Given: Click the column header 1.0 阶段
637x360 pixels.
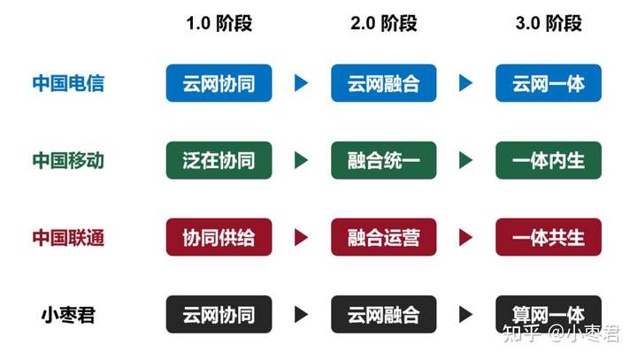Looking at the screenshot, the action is [x=219, y=23].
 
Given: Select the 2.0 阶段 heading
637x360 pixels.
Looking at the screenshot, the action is [x=383, y=23].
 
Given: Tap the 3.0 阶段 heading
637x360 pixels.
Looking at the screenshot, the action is [x=549, y=23].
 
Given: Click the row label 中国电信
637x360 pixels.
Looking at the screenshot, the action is [x=68, y=83].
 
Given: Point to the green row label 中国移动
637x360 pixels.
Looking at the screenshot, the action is [x=68, y=160].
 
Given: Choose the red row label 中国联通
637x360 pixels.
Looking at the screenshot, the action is [x=68, y=237].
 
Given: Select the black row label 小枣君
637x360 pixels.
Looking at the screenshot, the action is [x=68, y=315].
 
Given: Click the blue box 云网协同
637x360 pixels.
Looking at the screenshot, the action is [x=219, y=83].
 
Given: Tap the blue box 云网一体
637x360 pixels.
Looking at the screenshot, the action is [x=549, y=83].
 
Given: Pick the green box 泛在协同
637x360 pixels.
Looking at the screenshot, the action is [x=219, y=160].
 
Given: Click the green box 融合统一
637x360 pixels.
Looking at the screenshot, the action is [x=383, y=160].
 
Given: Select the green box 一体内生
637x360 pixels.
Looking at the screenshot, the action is [x=549, y=160].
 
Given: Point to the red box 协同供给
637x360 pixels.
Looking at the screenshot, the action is [x=219, y=237].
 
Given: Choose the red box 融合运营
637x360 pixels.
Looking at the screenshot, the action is [x=383, y=237].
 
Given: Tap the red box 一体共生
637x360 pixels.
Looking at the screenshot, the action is [x=549, y=237].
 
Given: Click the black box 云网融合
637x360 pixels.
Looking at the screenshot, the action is [x=383, y=314].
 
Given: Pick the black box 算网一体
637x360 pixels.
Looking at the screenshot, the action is [x=549, y=314].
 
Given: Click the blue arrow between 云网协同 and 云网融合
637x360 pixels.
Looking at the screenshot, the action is [x=301, y=83].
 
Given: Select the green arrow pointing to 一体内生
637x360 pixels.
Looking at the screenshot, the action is [x=466, y=160].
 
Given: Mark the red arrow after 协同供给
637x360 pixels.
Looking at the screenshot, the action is [x=301, y=237].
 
